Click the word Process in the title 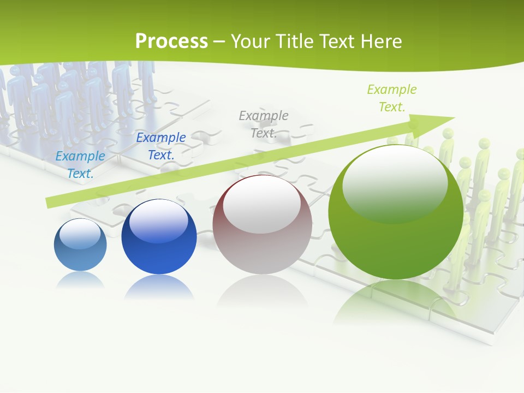(171, 41)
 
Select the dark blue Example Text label (161, 146)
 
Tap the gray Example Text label (264, 124)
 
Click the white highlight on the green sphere (395, 184)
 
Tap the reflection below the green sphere (396, 306)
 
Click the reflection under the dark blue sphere (159, 287)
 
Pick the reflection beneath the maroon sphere (262, 295)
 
